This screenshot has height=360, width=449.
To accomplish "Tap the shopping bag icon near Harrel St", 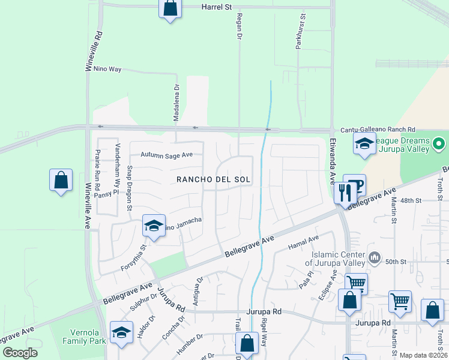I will tap(170, 8).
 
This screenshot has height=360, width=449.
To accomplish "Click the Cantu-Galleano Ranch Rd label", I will tap(378, 130).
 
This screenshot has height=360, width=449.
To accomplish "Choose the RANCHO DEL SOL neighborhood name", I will tap(213, 180).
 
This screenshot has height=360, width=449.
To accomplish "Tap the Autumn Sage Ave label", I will tap(166, 155).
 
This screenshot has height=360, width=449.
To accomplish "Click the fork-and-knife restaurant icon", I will tap(344, 193).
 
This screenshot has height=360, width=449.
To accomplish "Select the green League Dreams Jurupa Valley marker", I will tap(439, 144).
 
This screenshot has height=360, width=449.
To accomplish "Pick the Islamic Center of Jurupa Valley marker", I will tap(375, 257).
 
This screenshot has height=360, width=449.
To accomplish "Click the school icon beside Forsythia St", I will tap(154, 226).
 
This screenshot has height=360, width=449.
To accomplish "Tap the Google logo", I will tap(20, 353).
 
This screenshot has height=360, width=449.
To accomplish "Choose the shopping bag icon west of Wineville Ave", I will tap(61, 179).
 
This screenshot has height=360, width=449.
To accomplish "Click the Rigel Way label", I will tap(264, 336).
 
